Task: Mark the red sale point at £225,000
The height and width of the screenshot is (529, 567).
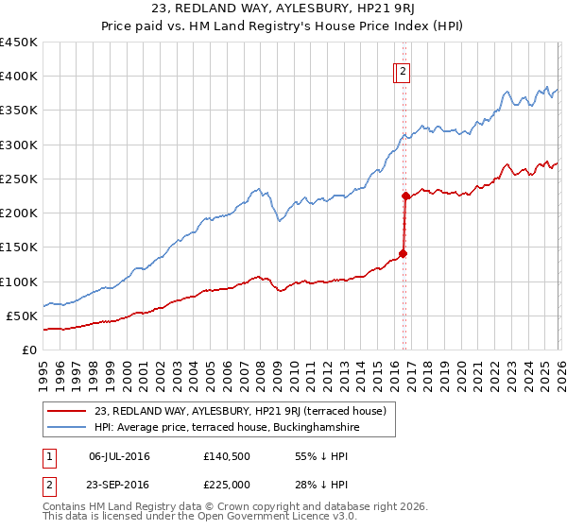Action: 405,196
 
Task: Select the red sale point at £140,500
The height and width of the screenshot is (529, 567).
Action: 404,253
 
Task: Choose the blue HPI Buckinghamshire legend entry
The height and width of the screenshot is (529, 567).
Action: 226,428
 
